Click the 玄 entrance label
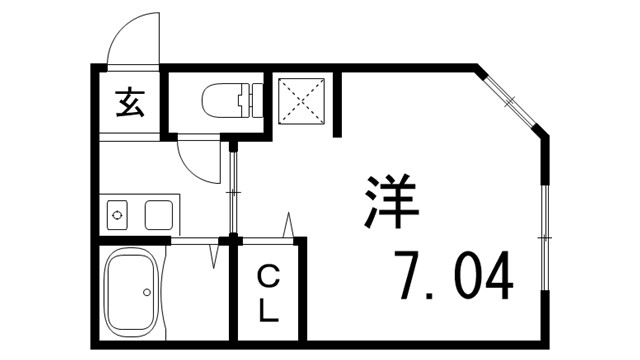(129, 102)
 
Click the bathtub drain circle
(146, 293)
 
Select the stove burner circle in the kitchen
(117, 214)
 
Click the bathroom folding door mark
(213, 251)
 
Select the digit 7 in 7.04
(406, 276)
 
